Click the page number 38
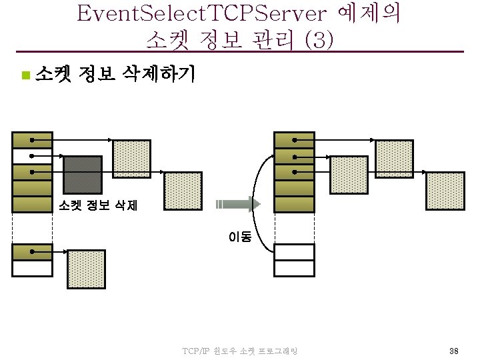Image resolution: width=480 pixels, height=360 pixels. point(453,351)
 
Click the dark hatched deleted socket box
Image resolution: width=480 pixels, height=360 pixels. point(82,175)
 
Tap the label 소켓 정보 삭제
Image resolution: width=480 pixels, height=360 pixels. point(98,206)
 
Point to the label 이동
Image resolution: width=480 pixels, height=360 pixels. point(240,236)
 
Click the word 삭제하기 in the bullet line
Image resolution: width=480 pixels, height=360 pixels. point(156,74)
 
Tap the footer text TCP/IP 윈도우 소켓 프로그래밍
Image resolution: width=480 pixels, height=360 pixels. point(239,351)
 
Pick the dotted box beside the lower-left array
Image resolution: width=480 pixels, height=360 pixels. point(87,269)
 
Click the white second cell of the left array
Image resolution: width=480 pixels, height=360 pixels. point(32,155)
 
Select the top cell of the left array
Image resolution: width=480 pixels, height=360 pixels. point(32,139)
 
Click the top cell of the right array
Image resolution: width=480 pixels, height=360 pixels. point(294,139)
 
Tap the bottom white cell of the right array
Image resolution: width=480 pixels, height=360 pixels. point(294,268)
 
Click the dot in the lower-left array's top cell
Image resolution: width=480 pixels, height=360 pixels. point(31,252)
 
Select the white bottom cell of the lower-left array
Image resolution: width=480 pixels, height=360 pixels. point(32,268)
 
